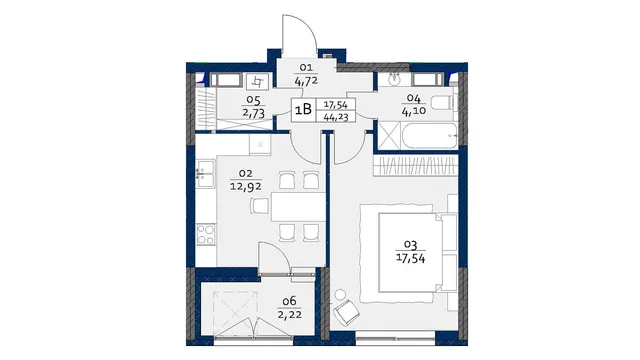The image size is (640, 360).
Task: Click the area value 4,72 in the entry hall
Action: click(x=306, y=81)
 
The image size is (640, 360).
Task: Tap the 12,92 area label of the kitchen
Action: click(x=246, y=187)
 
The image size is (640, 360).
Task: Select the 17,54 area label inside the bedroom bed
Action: click(x=411, y=258)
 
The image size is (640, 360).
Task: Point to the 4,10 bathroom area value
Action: click(x=414, y=111)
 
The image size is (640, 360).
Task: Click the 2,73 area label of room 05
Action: click(x=253, y=113)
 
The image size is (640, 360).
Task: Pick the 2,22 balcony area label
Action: click(x=289, y=315)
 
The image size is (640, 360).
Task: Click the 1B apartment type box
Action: click(x=303, y=109)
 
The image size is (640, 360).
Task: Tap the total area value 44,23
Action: click(x=336, y=117)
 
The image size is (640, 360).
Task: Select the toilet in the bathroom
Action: click(x=443, y=102)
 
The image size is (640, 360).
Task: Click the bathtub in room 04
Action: click(x=430, y=136)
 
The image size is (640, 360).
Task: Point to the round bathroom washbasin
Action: click(x=394, y=79)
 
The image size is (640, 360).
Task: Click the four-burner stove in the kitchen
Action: click(x=206, y=235)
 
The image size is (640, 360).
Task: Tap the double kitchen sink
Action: click(x=205, y=174)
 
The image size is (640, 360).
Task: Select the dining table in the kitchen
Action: click(x=298, y=207)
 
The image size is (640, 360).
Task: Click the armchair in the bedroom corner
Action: click(x=346, y=312)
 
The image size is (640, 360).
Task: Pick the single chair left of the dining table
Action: click(x=260, y=206)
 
